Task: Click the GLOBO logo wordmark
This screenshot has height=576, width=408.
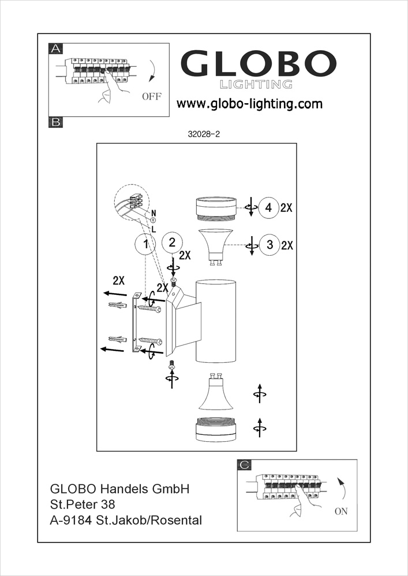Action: pos(259,64)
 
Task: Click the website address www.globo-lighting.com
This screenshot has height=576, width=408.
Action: pos(249,104)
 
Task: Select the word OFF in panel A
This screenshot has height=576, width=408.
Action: pos(152,96)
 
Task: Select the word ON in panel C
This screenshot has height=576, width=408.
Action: pos(341,511)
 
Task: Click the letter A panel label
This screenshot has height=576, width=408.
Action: pos(56,49)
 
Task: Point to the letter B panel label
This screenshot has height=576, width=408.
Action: pos(56,122)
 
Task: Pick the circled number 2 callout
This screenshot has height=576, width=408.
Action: pos(172,242)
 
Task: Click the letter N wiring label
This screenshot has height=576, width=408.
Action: pos(153,213)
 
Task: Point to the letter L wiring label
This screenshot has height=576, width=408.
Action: pos(153,229)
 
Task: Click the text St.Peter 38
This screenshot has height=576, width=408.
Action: pos(79,505)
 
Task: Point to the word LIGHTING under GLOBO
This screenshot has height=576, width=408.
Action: pos(256,85)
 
